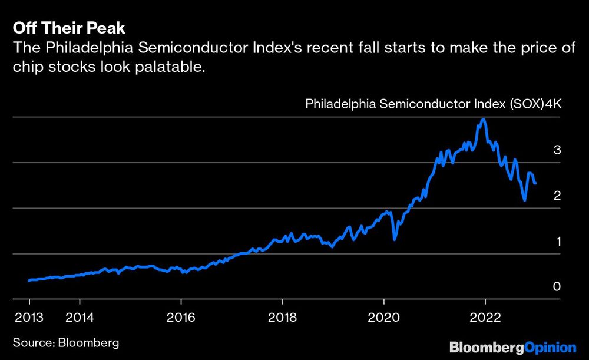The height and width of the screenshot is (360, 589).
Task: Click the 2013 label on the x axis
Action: click(29, 317)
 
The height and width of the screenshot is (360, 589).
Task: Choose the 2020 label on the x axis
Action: click(383, 317)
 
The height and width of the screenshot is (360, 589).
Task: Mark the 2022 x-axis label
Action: click(485, 317)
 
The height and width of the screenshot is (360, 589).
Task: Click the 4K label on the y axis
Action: click(554, 105)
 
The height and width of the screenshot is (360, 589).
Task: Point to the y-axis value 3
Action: click(557, 150)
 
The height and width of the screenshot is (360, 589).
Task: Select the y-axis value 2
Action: click(557, 196)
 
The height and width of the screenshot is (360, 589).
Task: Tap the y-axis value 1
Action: click(557, 241)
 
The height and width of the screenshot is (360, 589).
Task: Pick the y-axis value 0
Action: click(557, 286)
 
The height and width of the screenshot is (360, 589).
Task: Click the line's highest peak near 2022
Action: click(484, 119)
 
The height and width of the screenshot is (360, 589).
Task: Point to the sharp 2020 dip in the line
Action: click(395, 239)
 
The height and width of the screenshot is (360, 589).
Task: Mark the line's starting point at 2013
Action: click(29, 280)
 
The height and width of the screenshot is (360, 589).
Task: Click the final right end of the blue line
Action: click(535, 183)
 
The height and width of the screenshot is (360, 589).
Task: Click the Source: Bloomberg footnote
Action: click(65, 342)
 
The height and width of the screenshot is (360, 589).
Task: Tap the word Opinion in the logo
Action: click(550, 346)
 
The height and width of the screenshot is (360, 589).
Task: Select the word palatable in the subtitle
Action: click(176, 67)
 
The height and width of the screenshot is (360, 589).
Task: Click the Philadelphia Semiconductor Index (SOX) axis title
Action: click(424, 105)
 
